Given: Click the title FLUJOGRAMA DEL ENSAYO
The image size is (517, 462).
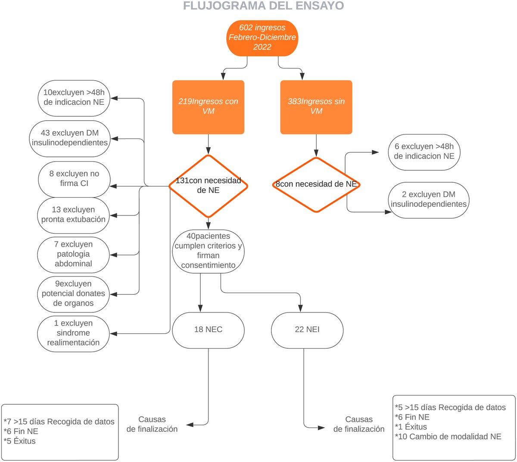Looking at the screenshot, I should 263,6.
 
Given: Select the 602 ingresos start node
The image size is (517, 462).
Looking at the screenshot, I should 262,37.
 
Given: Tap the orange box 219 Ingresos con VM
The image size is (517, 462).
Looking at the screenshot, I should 208,106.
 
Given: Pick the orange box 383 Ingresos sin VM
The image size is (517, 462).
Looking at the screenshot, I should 316,106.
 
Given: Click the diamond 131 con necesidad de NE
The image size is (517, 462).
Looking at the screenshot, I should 208,186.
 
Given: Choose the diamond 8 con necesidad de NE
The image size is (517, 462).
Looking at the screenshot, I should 316,184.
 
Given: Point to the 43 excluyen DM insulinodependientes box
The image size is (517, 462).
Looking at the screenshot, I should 70,138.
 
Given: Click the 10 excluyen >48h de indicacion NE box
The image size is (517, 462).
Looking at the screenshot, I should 74,97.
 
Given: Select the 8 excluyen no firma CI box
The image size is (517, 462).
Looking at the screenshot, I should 74,178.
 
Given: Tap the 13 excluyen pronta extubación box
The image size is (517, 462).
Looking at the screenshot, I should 73,215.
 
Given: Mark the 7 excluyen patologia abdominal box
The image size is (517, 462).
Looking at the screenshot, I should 73,254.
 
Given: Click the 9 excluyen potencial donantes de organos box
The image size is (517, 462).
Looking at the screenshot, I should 73,293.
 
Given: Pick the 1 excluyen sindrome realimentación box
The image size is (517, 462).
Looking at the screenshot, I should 73,333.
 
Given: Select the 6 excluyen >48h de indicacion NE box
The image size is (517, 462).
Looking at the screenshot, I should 424,152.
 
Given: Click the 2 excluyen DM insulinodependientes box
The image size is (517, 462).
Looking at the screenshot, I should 428,200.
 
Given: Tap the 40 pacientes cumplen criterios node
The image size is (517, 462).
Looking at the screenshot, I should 208,250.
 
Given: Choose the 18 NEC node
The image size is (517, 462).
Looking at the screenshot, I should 208,330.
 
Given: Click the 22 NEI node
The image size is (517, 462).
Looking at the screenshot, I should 307,330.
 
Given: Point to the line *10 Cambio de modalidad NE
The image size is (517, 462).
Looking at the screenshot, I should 448,437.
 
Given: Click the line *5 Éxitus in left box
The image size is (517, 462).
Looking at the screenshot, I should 20,441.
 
